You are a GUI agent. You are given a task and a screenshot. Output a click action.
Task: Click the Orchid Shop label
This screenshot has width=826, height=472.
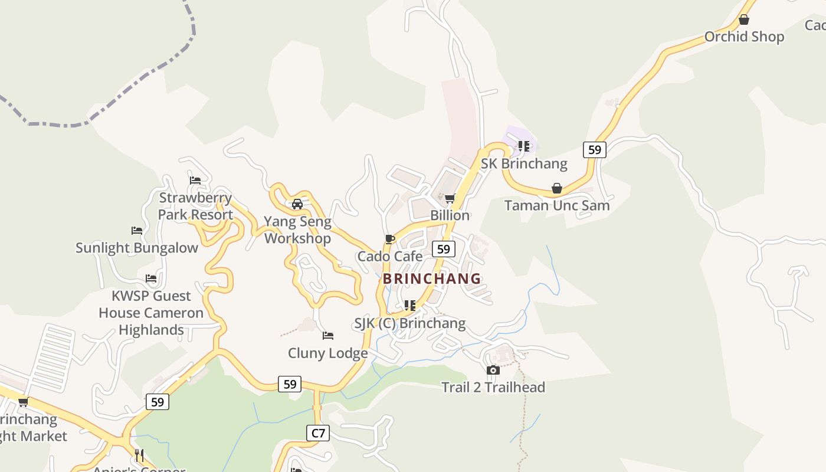click(744, 37)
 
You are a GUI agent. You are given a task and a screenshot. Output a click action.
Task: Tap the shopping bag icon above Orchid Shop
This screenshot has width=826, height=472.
click(744, 19)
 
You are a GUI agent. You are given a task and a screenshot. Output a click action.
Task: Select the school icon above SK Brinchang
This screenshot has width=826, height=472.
click(523, 146)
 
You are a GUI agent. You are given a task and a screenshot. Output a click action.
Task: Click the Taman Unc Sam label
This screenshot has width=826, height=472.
click(556, 205)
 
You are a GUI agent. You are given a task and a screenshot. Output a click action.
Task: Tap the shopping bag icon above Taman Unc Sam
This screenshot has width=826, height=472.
click(556, 188)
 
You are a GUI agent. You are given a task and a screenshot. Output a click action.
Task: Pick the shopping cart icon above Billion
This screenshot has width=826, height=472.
click(450, 198)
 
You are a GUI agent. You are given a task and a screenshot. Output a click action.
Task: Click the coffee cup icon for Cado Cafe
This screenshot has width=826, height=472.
click(389, 239)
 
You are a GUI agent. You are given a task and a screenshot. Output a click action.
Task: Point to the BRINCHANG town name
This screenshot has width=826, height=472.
click(432, 278)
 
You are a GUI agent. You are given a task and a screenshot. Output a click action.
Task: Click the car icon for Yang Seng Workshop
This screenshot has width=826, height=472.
click(297, 204)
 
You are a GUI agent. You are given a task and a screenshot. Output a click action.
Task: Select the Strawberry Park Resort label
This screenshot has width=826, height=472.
click(195, 206)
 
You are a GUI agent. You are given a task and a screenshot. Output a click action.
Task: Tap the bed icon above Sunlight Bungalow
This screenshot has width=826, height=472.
click(137, 230)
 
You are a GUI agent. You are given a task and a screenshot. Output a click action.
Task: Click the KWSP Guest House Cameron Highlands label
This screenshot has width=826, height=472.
click(151, 313)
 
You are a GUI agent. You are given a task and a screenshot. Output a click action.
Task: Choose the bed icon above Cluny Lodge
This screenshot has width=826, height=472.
click(328, 336)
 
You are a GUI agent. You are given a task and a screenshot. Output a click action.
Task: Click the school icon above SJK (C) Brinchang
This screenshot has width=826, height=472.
click(409, 306)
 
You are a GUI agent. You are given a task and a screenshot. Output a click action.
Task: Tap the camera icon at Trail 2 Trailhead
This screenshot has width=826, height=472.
click(493, 370)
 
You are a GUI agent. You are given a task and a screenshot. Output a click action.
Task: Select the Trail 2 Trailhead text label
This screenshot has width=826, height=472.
click(493, 387)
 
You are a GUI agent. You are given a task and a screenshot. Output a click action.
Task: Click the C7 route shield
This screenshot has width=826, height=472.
click(318, 433)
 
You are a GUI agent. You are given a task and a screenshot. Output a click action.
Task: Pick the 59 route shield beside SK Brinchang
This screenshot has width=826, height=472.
click(594, 150)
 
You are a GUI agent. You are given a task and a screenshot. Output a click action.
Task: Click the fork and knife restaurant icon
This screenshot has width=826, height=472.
click(139, 455)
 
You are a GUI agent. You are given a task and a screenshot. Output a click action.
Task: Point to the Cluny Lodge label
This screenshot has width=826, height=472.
click(327, 353)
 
